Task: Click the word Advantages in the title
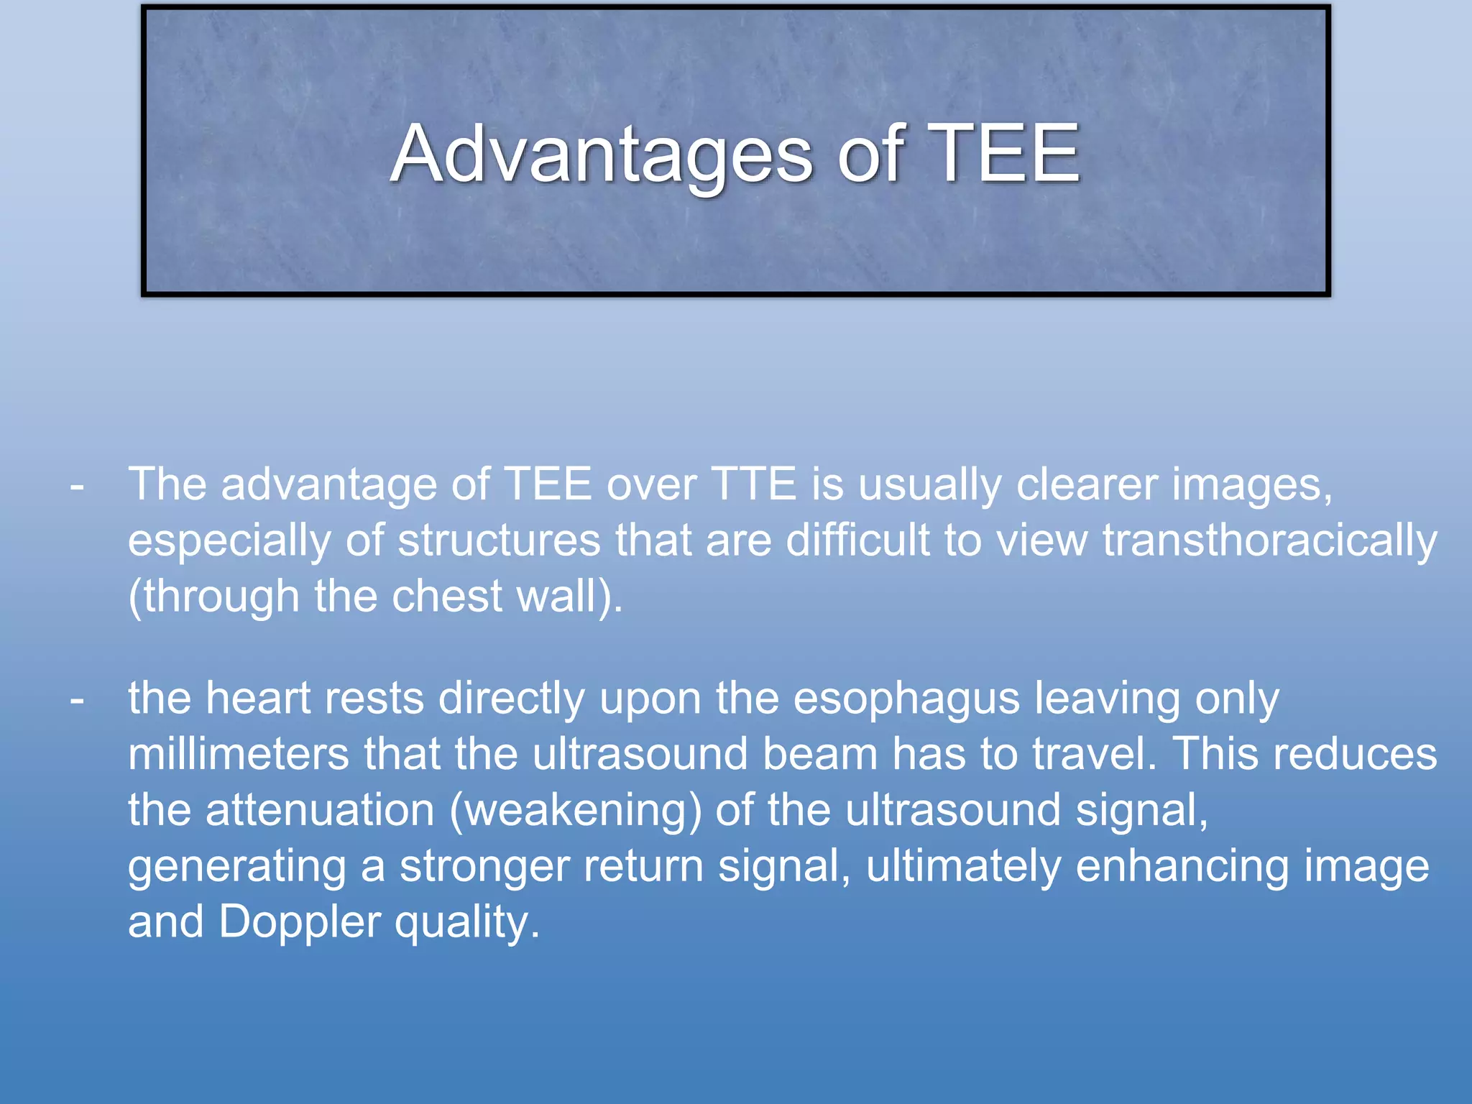coord(601,154)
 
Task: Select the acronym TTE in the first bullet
coord(753,484)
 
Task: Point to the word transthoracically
coord(1269,540)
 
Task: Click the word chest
coord(446,596)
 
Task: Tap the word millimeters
coord(238,754)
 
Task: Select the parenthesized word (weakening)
coord(576,811)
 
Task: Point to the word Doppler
coord(300,922)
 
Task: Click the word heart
coord(257,698)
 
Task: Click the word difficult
coord(857,540)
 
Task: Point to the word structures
coord(499,540)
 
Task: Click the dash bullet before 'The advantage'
coord(77,487)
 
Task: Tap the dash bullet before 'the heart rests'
coord(77,699)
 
